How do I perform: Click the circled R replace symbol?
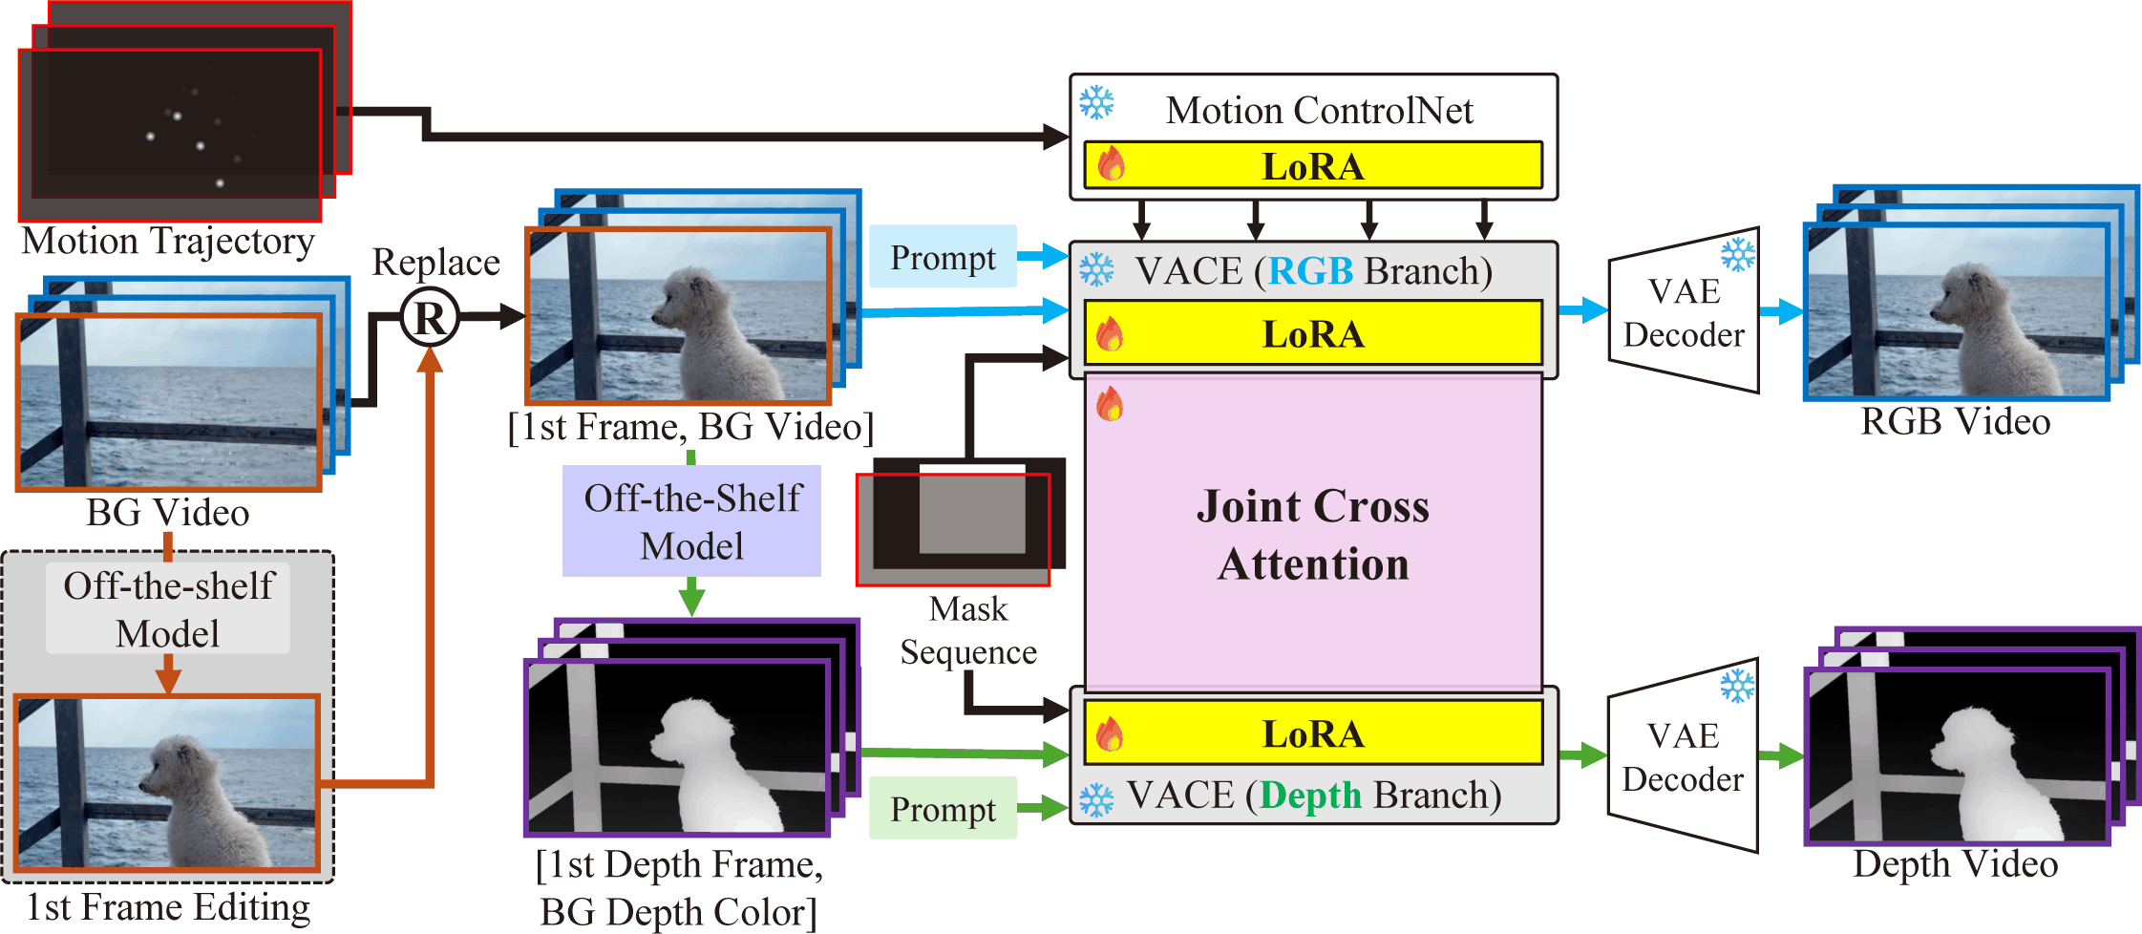click(430, 318)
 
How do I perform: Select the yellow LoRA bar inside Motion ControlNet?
click(1313, 166)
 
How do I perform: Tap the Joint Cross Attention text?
click(1313, 535)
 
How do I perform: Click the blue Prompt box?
click(943, 257)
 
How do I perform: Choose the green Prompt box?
click(943, 809)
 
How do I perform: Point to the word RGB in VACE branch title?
click(1310, 271)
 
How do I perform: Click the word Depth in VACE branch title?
click(1310, 795)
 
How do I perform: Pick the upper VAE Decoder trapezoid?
click(1684, 311)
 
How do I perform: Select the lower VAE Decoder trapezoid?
click(1683, 755)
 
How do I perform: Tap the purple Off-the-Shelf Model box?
click(691, 521)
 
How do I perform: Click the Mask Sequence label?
click(968, 630)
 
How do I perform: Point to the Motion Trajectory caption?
click(168, 242)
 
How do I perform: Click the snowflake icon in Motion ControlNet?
click(1096, 102)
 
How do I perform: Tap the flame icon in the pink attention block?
click(1110, 404)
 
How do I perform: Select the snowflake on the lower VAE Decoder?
click(1738, 685)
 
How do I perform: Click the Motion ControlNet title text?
click(1320, 111)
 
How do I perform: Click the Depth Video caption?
click(1956, 864)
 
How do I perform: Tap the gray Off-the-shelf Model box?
click(168, 609)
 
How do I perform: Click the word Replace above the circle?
click(436, 263)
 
